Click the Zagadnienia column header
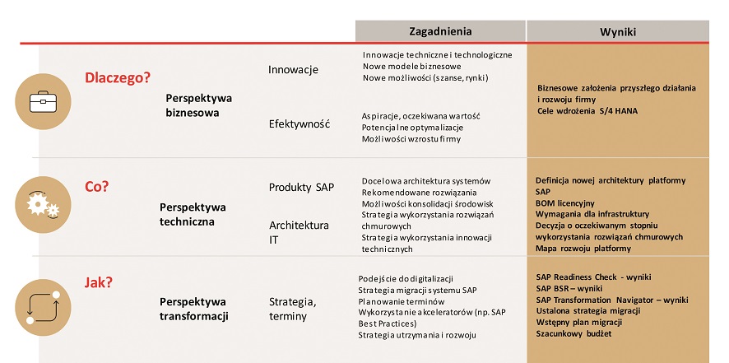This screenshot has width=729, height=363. [x=440, y=30]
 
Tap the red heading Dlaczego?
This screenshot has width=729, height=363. [x=118, y=78]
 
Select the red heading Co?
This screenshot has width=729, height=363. [x=96, y=186]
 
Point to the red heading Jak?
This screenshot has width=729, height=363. [x=99, y=282]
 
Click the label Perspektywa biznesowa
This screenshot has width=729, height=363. [x=199, y=105]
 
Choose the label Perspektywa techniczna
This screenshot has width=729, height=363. [x=193, y=214]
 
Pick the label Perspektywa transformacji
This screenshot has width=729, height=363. [x=194, y=309]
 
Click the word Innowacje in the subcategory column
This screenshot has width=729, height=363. [x=293, y=70]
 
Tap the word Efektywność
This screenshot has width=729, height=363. [x=299, y=124]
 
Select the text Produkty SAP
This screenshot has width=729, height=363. [x=301, y=187]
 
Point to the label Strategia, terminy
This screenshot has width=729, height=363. [x=293, y=309]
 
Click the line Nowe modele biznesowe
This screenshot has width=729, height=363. [x=411, y=66]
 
